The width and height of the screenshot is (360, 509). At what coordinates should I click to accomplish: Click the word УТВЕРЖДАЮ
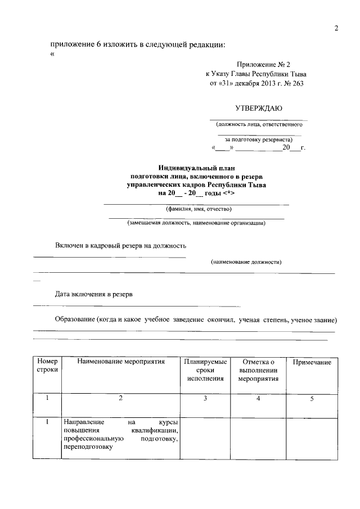pos(259,108)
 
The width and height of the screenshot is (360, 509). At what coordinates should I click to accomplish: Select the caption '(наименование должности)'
pos(246,262)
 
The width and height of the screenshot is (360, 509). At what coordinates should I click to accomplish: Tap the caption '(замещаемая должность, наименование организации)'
pos(196,223)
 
